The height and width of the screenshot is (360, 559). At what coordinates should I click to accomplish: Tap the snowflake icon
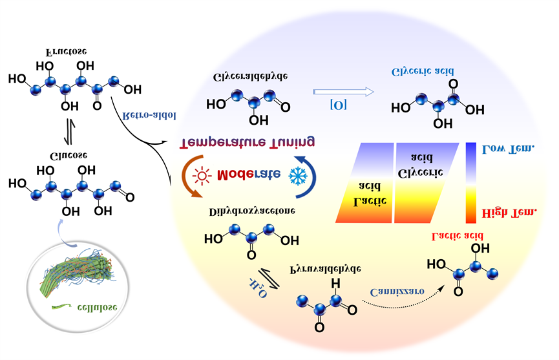pos(297,176)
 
